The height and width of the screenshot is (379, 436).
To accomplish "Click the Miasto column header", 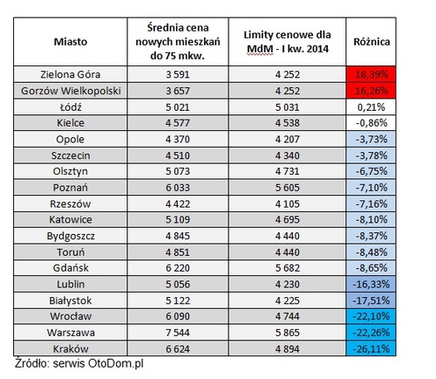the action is point(71,42).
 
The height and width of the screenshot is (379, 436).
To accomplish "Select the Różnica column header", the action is point(371,42).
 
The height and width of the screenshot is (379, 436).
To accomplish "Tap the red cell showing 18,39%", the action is point(371,74).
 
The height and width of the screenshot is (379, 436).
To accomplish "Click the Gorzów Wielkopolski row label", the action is point(71,91).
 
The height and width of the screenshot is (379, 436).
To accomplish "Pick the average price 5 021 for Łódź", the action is point(177,107).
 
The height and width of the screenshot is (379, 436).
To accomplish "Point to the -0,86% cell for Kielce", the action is point(371,123).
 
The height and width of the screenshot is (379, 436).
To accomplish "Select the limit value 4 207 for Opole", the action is point(287,139).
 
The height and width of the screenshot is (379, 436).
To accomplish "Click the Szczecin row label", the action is point(71,155).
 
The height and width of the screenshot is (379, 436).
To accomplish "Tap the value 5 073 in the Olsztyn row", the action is point(177,171).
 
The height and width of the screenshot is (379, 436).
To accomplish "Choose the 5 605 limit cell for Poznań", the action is point(287,188).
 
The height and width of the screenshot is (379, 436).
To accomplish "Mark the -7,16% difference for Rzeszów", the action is point(371,203).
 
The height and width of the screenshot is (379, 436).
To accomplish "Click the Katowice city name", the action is point(71,219).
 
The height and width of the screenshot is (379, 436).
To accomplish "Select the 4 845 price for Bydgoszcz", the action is point(177,236).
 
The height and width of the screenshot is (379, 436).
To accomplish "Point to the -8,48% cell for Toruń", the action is point(371,252).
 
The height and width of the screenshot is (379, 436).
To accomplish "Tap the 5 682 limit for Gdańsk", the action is point(287,268).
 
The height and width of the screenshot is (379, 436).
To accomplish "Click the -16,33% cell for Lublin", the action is point(371,284).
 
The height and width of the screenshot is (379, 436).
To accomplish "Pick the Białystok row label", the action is point(71,300).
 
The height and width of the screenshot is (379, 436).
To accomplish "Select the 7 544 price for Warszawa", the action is point(177,333).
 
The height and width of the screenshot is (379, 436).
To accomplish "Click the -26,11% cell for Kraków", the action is point(371,348).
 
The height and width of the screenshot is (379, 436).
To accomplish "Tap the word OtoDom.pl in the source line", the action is point(116,363).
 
